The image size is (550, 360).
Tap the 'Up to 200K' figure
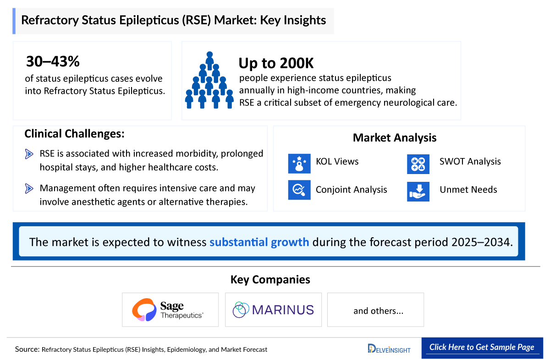pos(276,63)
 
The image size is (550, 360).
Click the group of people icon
pos(209,80)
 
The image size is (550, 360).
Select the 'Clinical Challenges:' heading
pos(74,134)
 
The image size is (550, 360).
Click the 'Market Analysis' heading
pos(394,137)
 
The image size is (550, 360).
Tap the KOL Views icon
pos(299,164)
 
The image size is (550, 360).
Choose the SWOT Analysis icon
pos(418,164)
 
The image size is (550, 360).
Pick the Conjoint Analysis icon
pos(299,190)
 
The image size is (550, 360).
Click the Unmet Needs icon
pos(418,191)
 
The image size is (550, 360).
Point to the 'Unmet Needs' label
pos(468,190)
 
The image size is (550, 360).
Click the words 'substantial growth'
pos(259,242)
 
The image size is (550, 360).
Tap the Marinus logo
pos(273,310)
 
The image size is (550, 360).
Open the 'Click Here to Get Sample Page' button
pos(482,347)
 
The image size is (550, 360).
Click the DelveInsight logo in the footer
pos(389,349)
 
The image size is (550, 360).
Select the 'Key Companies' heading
pos(270,279)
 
